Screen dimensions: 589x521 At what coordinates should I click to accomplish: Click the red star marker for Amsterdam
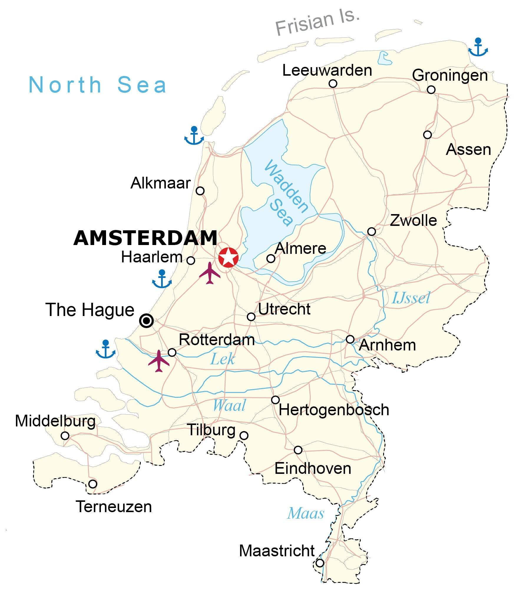tap(228, 257)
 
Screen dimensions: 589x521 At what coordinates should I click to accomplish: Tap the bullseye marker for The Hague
tap(146, 321)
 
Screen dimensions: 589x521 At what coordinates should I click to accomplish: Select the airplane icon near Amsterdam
tap(210, 273)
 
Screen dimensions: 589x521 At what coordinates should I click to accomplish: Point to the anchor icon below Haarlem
tap(162, 279)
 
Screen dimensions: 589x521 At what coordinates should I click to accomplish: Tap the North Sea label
tap(97, 85)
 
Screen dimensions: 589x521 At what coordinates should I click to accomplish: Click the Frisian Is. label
tap(317, 22)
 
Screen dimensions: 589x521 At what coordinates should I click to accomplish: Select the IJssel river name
tap(411, 298)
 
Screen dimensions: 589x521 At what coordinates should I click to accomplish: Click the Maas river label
tap(305, 513)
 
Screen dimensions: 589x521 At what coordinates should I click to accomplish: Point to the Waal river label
tap(229, 406)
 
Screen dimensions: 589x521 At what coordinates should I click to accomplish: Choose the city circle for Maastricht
tap(320, 563)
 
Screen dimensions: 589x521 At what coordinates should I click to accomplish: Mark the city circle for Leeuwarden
tap(333, 84)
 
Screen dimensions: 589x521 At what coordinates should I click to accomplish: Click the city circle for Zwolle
tap(372, 232)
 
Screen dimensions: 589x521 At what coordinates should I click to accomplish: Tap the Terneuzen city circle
tap(93, 484)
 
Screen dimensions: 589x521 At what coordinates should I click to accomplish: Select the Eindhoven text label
tap(313, 469)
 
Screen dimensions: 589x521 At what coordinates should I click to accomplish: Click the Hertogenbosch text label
tap(334, 410)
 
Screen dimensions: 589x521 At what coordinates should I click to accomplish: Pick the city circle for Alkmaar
tap(200, 191)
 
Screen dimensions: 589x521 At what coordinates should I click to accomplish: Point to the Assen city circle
tap(427, 135)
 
